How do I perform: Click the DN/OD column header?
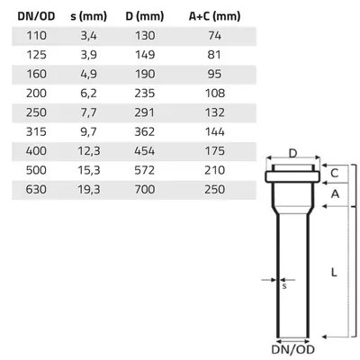36,16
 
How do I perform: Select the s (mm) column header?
88,16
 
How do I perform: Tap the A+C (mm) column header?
214,16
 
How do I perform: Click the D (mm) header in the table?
145,16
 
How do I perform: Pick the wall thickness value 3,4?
88,36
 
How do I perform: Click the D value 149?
145,55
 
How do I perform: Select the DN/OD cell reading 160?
36,74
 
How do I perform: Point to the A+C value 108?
215,94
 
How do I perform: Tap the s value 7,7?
88,112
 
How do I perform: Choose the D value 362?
145,131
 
